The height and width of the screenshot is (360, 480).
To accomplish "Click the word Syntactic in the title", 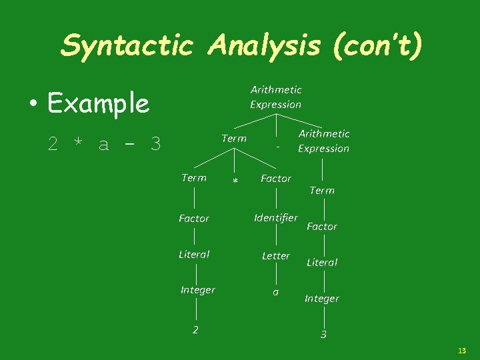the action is (x=127, y=45).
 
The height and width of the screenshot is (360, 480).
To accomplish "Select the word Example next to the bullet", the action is (x=99, y=103).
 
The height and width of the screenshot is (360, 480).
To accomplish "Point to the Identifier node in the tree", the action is (x=276, y=217).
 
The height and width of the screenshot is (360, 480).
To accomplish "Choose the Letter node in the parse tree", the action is (x=276, y=255).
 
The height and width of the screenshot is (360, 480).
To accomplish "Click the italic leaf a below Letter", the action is (x=275, y=292).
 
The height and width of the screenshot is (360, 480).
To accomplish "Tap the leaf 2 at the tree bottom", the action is (x=195, y=329).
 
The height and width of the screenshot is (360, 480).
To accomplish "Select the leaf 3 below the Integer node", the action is (x=323, y=335).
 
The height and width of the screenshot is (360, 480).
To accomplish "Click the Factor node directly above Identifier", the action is (x=276, y=178).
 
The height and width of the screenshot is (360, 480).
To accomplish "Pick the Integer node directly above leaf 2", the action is (x=198, y=289).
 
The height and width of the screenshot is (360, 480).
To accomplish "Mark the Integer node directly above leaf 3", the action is (x=322, y=298).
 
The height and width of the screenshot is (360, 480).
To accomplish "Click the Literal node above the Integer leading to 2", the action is (x=194, y=254).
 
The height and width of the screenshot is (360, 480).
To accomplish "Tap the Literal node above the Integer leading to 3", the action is (x=322, y=262).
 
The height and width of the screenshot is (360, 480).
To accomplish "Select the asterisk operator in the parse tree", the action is (x=235, y=181).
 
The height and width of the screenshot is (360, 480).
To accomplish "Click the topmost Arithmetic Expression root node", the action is (x=276, y=97).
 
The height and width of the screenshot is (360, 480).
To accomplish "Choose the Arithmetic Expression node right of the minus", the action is (x=323, y=141).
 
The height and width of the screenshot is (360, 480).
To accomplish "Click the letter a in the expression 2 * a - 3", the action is (x=103, y=144).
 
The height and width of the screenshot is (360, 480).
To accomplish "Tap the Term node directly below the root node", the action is (x=234, y=138).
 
